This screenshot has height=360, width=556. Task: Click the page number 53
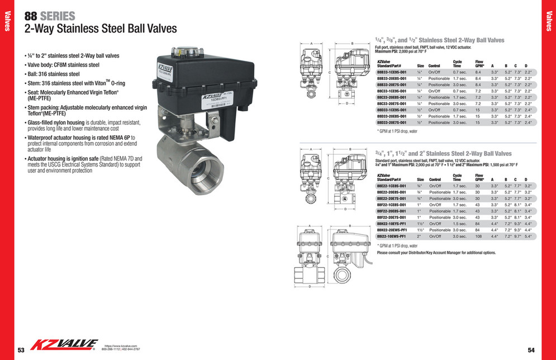21,350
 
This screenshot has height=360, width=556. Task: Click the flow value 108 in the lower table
478,236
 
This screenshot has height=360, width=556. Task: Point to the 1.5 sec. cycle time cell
459,224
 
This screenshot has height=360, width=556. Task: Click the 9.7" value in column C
517,236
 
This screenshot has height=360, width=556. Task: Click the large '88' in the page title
30,16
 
